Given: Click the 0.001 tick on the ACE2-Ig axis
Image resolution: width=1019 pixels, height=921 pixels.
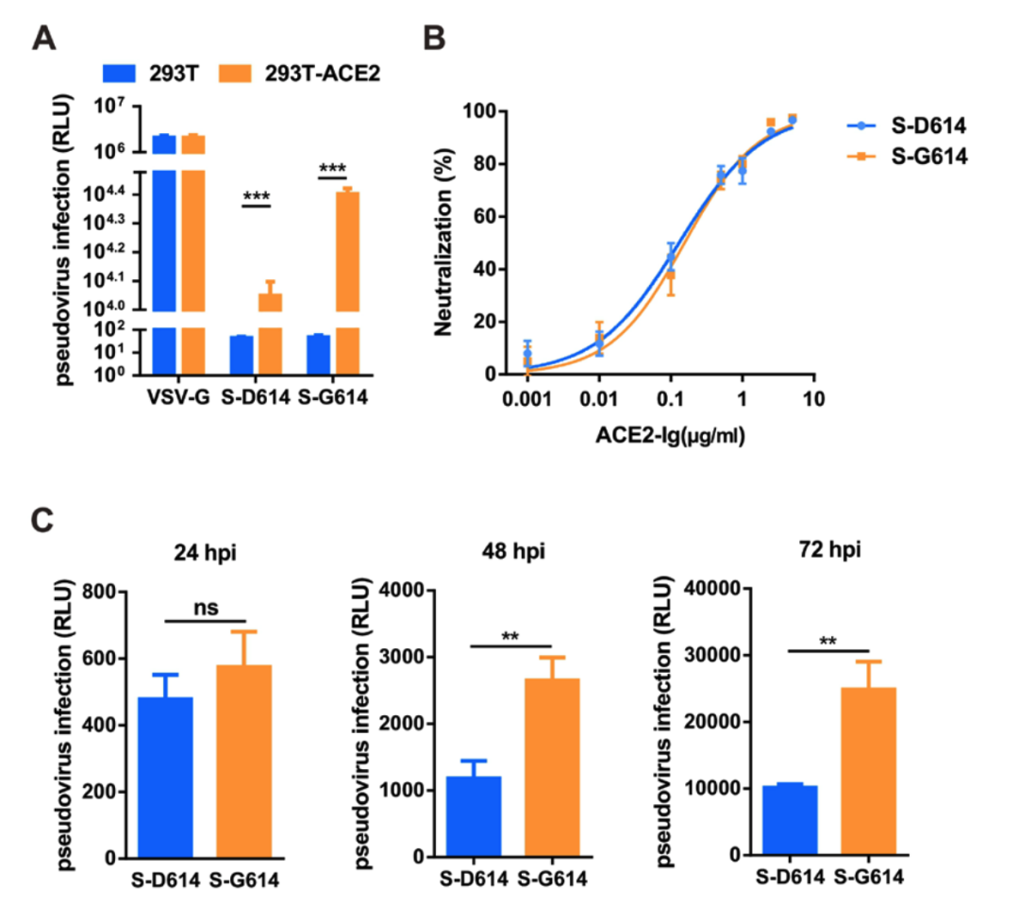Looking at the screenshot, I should point(527,397).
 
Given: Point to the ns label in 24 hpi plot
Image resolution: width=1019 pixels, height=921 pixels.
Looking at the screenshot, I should point(205,607).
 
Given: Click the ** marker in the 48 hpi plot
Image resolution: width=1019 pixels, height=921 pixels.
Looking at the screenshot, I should point(509,635).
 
